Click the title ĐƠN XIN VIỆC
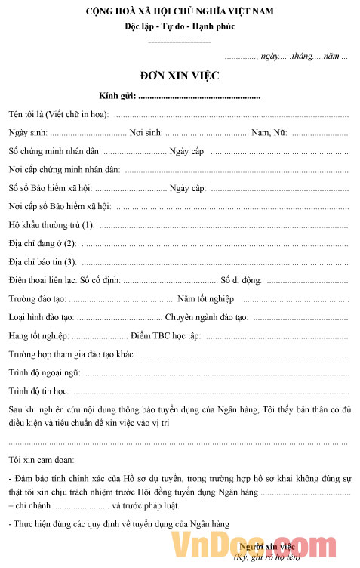(x=180, y=76)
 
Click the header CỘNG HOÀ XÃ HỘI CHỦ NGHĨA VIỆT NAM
(x=180, y=12)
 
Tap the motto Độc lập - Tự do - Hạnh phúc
(x=180, y=26)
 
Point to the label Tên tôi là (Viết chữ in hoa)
(x=58, y=115)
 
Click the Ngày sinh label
(x=28, y=133)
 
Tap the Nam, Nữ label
(x=269, y=133)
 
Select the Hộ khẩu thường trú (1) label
(x=51, y=225)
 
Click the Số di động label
(x=240, y=280)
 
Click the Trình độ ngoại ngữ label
(x=44, y=372)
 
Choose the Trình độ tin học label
(x=38, y=391)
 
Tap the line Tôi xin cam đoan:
(x=42, y=459)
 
